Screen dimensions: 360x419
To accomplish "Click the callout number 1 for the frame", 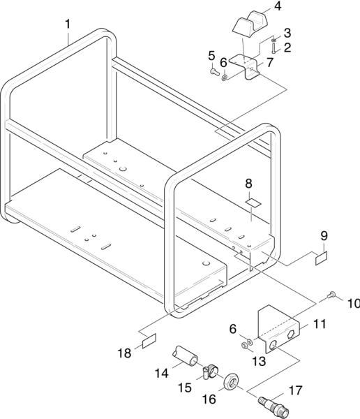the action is tap(68, 24).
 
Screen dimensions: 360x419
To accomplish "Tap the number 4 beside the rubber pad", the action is tap(278, 6).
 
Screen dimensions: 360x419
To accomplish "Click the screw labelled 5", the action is tap(214, 72).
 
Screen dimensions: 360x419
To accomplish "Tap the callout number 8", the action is tap(248, 184).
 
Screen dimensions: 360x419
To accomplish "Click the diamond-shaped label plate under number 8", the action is tap(253, 203).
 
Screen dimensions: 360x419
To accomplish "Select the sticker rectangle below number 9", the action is tap(321, 258).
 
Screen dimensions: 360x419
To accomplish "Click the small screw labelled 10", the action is tap(331, 295).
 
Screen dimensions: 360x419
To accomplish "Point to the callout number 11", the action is tap(320, 324).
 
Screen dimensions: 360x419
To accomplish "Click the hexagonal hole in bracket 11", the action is tap(291, 335).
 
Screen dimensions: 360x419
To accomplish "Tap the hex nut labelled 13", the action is tap(244, 346).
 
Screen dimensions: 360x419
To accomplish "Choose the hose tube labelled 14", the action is tap(185, 355).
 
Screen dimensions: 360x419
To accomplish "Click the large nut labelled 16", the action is tap(231, 382).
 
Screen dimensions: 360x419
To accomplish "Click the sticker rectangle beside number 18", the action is tap(149, 341).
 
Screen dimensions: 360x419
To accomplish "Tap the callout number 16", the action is tap(209, 399).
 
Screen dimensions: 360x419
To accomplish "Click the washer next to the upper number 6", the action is tap(225, 78).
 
